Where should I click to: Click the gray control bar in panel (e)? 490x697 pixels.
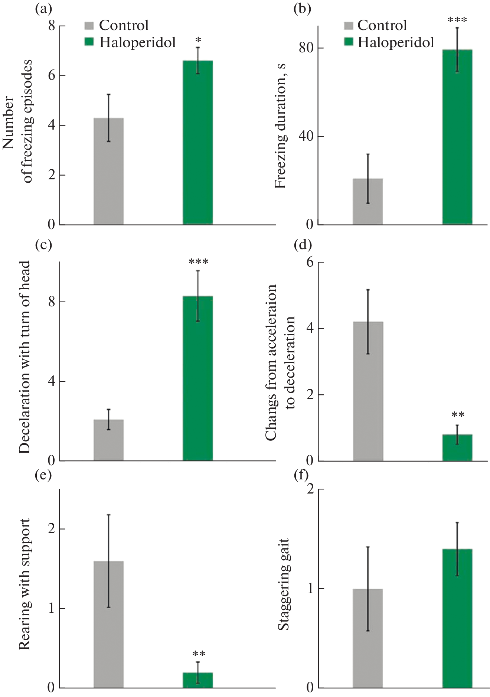(108, 624)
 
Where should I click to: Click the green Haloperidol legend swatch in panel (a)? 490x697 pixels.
(89, 42)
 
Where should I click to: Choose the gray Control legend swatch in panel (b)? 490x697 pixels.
(348, 25)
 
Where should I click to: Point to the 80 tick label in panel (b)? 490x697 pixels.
(306, 48)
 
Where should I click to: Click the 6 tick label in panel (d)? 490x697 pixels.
(310, 263)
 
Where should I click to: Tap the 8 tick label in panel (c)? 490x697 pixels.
(51, 302)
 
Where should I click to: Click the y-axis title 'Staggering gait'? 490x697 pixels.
(284, 584)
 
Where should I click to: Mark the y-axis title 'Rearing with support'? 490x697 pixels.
(24, 584)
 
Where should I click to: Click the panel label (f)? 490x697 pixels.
(301, 475)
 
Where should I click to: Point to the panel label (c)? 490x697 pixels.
(43, 245)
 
